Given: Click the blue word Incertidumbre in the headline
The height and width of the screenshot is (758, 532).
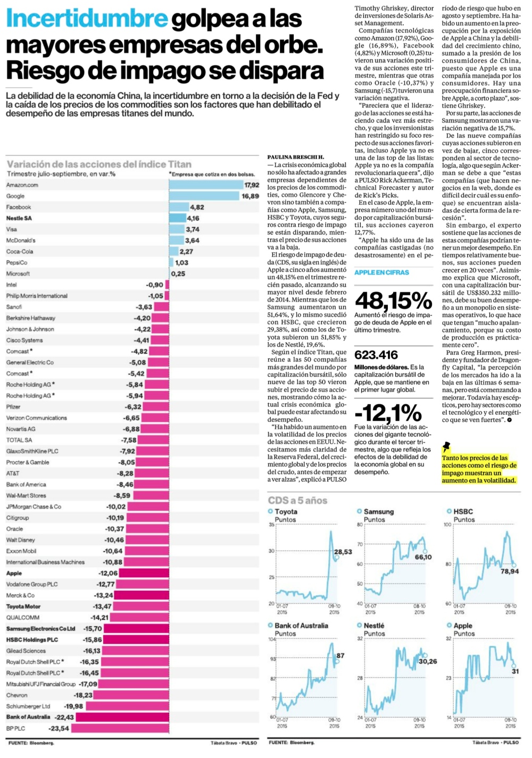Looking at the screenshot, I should point(87,19).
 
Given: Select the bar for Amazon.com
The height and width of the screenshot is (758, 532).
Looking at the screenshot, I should point(206,185).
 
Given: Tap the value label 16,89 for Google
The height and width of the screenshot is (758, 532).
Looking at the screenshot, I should point(251,196).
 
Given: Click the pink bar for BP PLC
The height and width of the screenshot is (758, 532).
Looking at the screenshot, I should point(120,728).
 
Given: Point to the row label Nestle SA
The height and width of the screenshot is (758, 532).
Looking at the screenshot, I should point(19,218).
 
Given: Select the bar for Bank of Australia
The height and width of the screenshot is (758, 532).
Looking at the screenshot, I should point(122,717).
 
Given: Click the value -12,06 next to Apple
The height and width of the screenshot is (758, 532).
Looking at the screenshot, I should point(108,573).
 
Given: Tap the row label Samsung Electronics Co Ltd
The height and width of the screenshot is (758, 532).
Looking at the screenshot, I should point(40,629).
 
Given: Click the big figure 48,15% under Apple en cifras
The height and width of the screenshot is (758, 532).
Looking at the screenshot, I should point(393,301).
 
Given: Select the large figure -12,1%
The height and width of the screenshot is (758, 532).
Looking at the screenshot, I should point(388,413).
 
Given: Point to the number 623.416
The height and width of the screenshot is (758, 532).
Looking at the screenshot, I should point(376,355).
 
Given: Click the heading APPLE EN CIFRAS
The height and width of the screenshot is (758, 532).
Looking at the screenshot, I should point(381,272).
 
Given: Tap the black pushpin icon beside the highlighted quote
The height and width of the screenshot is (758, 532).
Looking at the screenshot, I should point(446,447).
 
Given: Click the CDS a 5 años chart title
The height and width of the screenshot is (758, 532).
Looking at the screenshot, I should point(297,500).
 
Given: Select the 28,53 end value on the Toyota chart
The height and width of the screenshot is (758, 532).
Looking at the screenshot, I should point(343,552).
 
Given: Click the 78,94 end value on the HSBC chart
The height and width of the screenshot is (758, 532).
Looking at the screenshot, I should point(510,571).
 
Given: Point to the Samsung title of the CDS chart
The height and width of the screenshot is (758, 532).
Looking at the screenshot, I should point(378,511).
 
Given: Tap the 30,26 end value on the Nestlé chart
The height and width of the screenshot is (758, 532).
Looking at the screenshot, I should point(428,661).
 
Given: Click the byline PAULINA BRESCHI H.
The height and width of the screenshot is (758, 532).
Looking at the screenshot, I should point(295,157).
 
